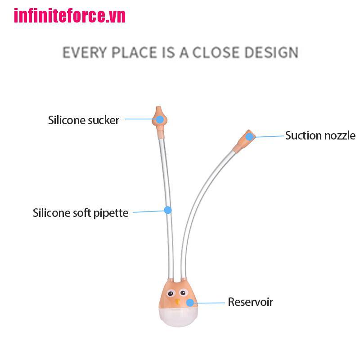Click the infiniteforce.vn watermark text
coord(70,16)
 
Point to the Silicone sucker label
coord(84,120)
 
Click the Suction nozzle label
coord(320,135)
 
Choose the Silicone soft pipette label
coord(81,213)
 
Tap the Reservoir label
coord(250,302)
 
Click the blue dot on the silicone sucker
coord(159,119)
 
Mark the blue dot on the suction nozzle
coord(249,136)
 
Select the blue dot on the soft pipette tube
coord(168,210)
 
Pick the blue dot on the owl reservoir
coord(190,303)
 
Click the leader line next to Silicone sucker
coord(139,119)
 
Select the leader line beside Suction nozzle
coord(268,135)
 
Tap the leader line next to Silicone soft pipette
coord(148,211)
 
